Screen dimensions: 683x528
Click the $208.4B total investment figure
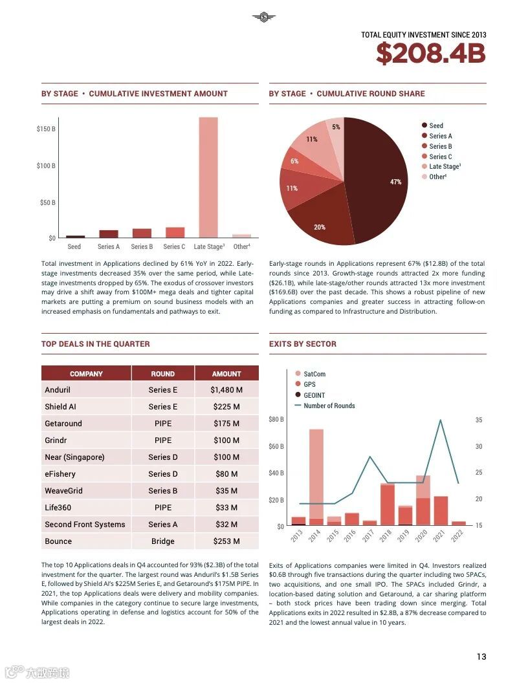(x=430, y=54)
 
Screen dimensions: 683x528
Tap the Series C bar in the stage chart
(x=175, y=232)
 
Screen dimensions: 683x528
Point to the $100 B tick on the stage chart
(x=46, y=166)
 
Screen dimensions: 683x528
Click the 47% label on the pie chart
(x=395, y=182)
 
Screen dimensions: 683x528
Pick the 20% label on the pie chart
(x=320, y=227)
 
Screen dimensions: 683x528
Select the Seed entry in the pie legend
(x=435, y=125)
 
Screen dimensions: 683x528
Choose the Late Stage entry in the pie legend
(x=444, y=166)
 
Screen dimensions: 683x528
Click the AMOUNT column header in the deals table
(x=226, y=374)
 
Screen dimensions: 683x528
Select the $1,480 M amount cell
(x=226, y=390)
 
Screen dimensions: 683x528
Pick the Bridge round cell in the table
(x=163, y=541)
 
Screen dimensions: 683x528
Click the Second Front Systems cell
(x=85, y=525)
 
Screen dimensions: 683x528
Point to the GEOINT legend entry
(x=314, y=395)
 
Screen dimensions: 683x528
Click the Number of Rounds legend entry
(x=329, y=406)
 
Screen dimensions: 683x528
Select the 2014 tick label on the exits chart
(x=314, y=536)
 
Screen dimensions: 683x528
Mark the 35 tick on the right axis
(x=479, y=420)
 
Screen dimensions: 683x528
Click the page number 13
(x=481, y=656)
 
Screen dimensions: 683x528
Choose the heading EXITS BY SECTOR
(x=303, y=344)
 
